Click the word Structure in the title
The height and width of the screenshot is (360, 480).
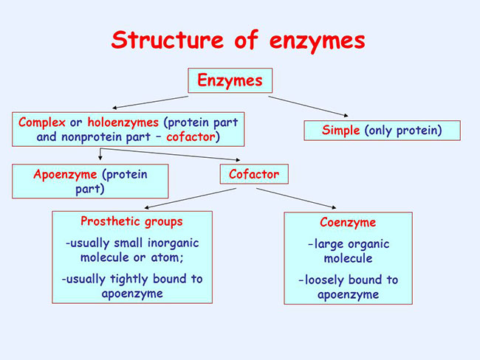(168, 40)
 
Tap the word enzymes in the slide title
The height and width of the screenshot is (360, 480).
(318, 43)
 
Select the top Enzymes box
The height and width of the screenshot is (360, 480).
(230, 80)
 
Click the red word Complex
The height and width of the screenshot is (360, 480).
(41, 122)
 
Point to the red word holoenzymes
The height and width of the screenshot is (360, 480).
(123, 122)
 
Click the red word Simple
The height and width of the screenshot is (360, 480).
(340, 131)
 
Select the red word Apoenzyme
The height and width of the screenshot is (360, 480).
(65, 175)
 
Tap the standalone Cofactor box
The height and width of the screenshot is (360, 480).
(254, 174)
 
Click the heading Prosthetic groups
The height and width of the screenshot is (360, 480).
(131, 221)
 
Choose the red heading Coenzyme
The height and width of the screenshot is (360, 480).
(348, 223)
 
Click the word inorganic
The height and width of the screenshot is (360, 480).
(174, 243)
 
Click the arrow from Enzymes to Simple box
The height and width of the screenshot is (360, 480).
(308, 106)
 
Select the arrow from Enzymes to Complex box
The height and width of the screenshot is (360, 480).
(151, 102)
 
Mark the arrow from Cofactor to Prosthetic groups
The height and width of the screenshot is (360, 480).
(190, 198)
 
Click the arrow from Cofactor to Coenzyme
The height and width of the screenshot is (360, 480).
(296, 198)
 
